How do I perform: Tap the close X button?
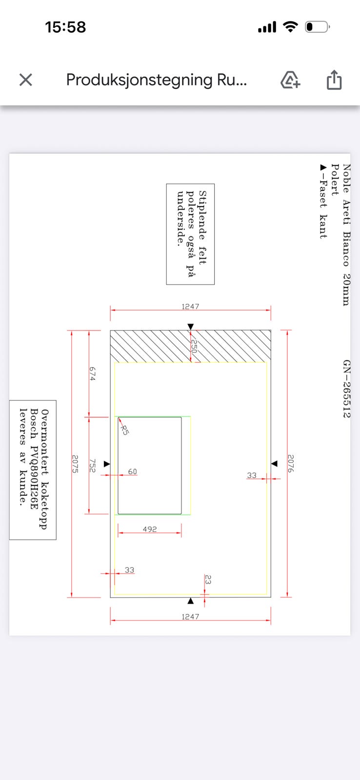[25, 80]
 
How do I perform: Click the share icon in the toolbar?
[334, 80]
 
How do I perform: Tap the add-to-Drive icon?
[290, 80]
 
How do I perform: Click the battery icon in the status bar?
[318, 27]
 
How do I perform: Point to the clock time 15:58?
[65, 27]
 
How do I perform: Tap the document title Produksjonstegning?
[156, 80]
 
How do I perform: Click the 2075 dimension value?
[76, 464]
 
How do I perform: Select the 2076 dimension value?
[291, 464]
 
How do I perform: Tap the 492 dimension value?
[150, 529]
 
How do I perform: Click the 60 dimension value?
[132, 471]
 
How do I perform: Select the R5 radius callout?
[124, 429]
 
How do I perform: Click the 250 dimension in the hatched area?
[194, 347]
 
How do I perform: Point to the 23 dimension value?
[208, 580]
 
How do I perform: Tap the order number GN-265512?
[346, 389]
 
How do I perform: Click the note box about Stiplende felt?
[190, 234]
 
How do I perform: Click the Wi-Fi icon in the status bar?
[291, 27]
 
